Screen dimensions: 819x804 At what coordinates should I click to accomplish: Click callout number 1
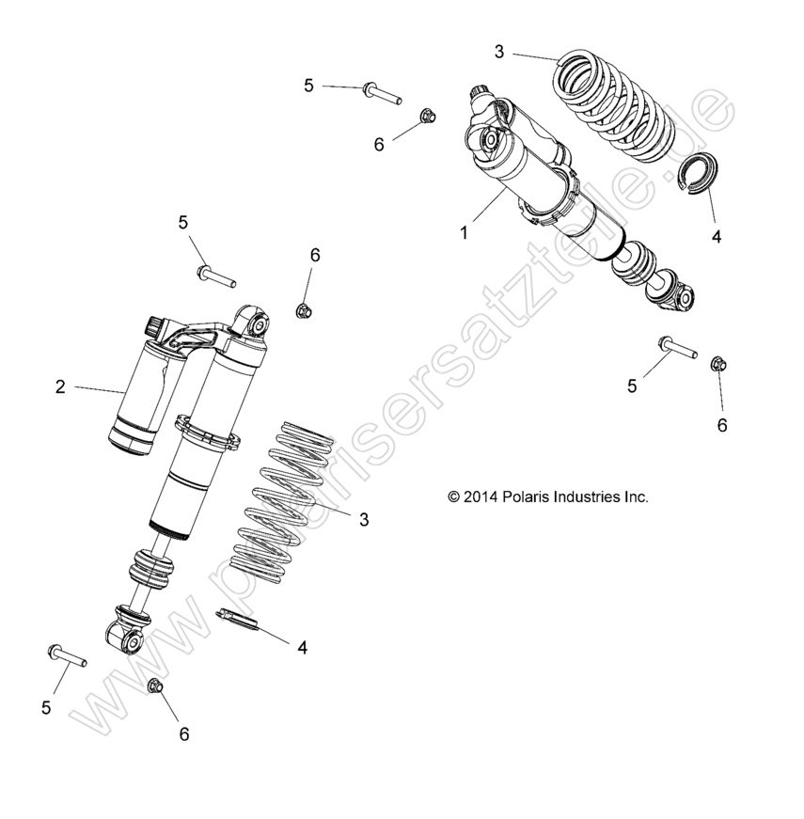[x=464, y=232]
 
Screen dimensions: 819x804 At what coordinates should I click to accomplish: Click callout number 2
[x=60, y=386]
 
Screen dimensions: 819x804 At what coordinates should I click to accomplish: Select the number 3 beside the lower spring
[x=364, y=519]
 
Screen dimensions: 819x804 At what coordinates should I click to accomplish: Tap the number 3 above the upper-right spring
[x=498, y=52]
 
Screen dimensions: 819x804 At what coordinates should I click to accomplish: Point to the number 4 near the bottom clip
[x=302, y=647]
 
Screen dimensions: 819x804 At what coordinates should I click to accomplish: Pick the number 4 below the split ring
[x=716, y=237]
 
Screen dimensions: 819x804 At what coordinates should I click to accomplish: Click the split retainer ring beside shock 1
[x=700, y=175]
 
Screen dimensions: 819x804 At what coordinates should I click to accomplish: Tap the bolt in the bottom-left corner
[x=65, y=654]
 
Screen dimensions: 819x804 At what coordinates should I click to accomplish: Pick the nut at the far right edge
[x=717, y=361]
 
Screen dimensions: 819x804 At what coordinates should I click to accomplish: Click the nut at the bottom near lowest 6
[x=157, y=687]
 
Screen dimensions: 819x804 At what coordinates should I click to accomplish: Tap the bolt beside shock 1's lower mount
[x=677, y=347]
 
